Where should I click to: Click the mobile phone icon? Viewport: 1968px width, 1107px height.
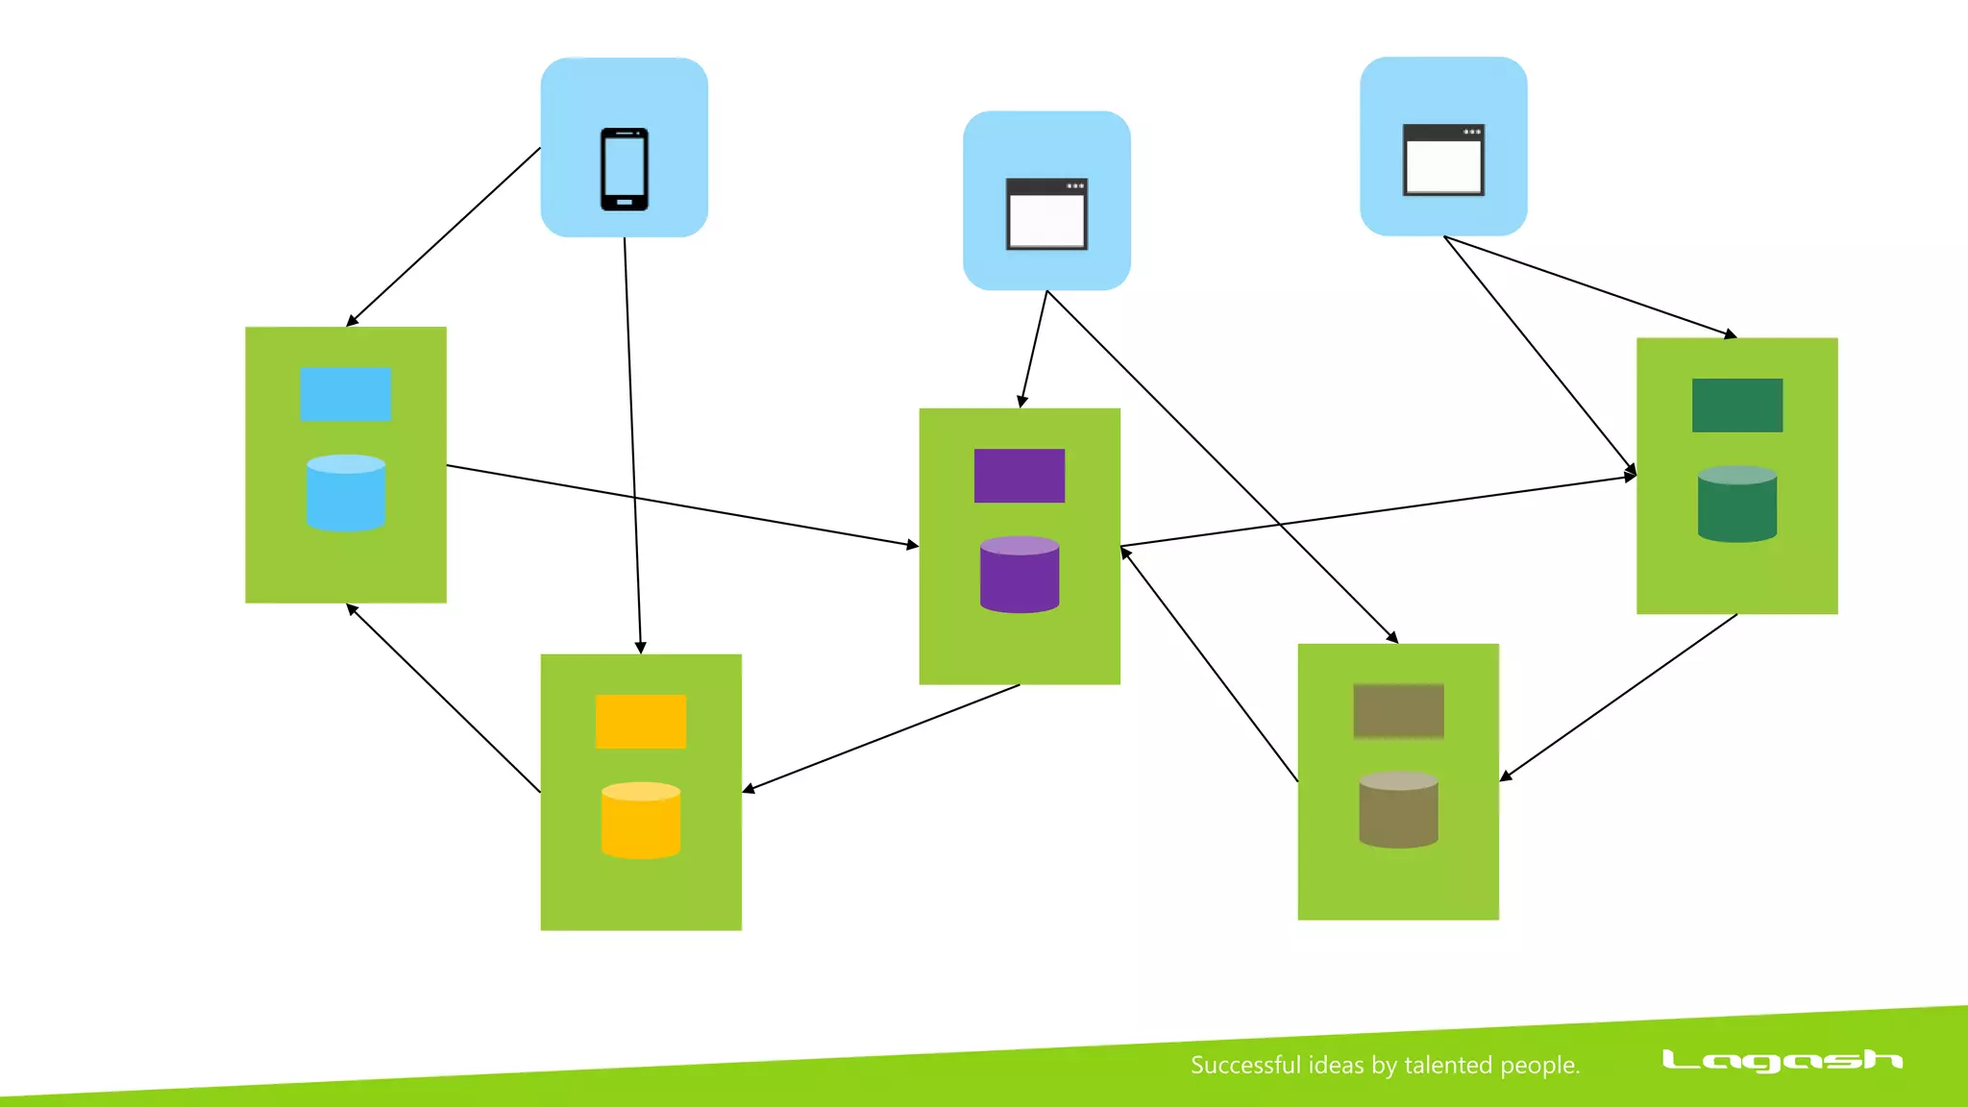coord(625,169)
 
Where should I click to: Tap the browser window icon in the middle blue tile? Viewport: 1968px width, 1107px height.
coord(1046,213)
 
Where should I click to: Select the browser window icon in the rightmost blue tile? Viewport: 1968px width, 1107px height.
coord(1443,160)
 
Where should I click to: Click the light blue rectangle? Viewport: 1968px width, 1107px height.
coord(346,394)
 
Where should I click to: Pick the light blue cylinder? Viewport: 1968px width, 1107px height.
coord(346,493)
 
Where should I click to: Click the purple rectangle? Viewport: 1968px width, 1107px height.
coord(1020,476)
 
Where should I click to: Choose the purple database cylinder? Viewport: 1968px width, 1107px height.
coord(1020,575)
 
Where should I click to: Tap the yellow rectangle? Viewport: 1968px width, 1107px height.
coord(641,722)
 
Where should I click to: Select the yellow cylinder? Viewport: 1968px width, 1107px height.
coord(641,821)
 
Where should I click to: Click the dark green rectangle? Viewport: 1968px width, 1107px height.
coord(1737,406)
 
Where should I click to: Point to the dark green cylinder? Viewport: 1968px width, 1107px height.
coord(1737,504)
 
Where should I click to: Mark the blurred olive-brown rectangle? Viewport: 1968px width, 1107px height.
coord(1398,711)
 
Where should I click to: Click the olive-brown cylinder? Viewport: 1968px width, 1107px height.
coord(1398,810)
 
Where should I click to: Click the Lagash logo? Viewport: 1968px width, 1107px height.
coord(1783,1061)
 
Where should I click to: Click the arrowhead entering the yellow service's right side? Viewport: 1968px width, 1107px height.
coord(749,790)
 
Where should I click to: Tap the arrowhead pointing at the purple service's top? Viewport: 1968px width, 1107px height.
coord(1022,402)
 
